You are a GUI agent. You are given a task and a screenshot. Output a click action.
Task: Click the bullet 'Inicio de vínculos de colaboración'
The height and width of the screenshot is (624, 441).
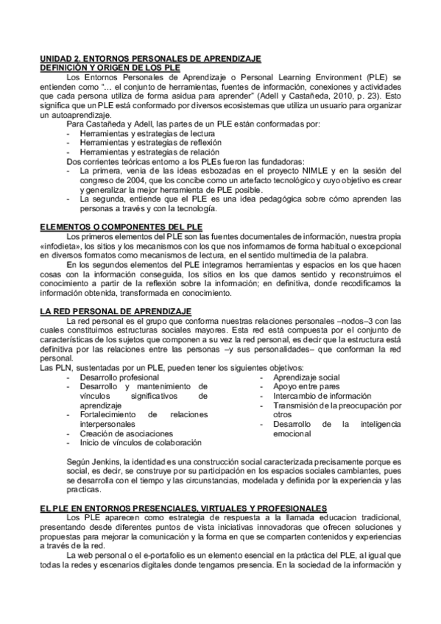click(141, 443)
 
